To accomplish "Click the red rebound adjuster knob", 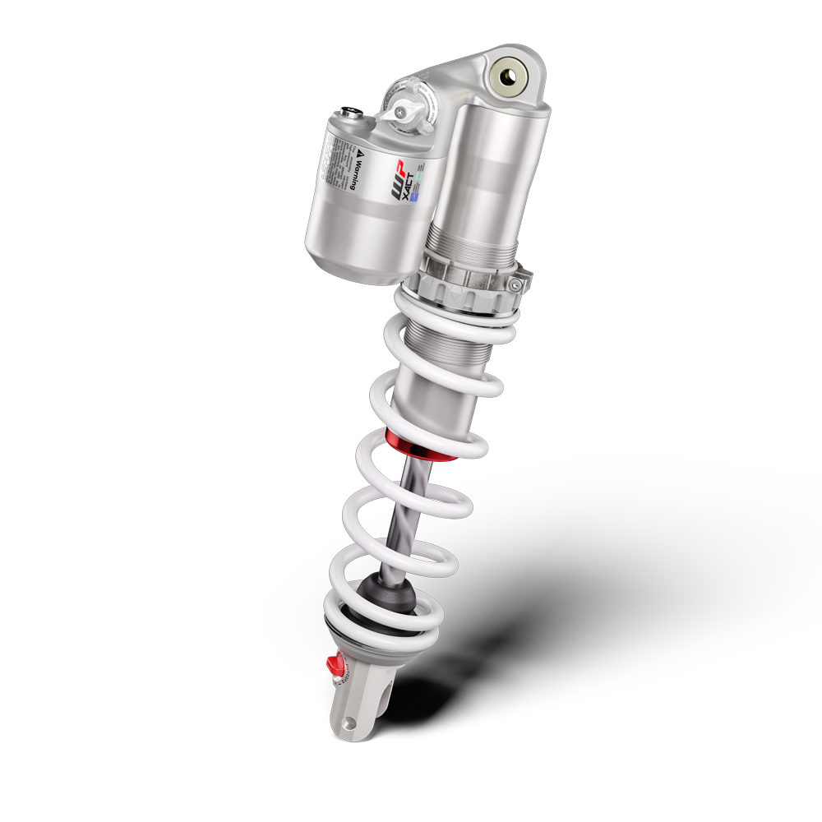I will pos(334,663).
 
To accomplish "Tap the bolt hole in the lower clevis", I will pos(352,723).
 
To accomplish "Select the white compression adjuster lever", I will pos(403,108).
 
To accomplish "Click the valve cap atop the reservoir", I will pos(351,114).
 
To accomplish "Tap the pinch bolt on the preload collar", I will pos(515,284).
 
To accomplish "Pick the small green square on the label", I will pos(420,176).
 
